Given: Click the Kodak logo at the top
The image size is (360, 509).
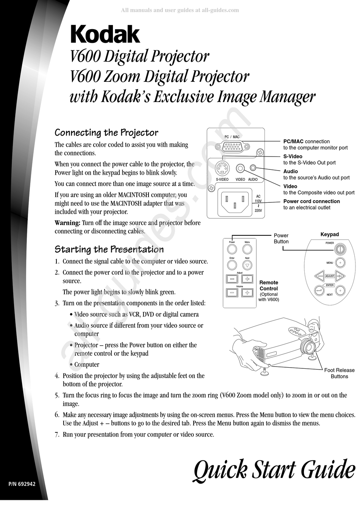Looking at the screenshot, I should pos(105,35).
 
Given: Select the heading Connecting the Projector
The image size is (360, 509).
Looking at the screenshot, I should pos(106,133).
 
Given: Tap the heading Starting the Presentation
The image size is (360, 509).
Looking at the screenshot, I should pos(109,249).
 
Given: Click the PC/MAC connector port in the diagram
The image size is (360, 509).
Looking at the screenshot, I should pos(232,146).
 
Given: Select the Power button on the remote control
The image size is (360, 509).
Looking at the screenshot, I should pos(232,249).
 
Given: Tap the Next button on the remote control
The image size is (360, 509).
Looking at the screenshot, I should pos(247,265).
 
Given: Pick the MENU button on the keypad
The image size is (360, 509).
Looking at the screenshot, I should pos(340,262).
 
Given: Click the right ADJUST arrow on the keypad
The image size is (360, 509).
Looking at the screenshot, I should pos(340,276).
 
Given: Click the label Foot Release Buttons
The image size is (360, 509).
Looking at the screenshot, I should pos(339,373).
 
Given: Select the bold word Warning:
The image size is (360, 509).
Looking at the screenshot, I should pos(67,222).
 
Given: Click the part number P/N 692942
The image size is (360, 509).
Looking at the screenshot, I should pos(22,484).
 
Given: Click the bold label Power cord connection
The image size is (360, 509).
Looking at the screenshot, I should pos(311,201).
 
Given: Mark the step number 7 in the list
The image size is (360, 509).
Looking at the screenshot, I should pos(57,434).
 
